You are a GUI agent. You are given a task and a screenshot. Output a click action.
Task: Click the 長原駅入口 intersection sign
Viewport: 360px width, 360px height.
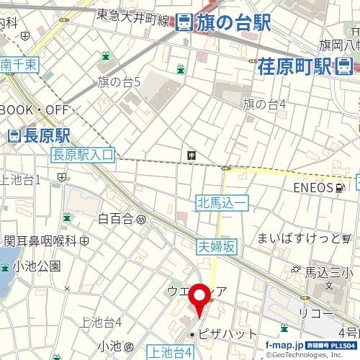pyautogui.click(x=84, y=154)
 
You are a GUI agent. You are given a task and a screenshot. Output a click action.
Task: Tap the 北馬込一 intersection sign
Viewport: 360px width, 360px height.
pyautogui.click(x=222, y=204)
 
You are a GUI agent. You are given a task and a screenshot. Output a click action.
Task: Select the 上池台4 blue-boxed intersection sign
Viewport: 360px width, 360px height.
pyautogui.click(x=170, y=352)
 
